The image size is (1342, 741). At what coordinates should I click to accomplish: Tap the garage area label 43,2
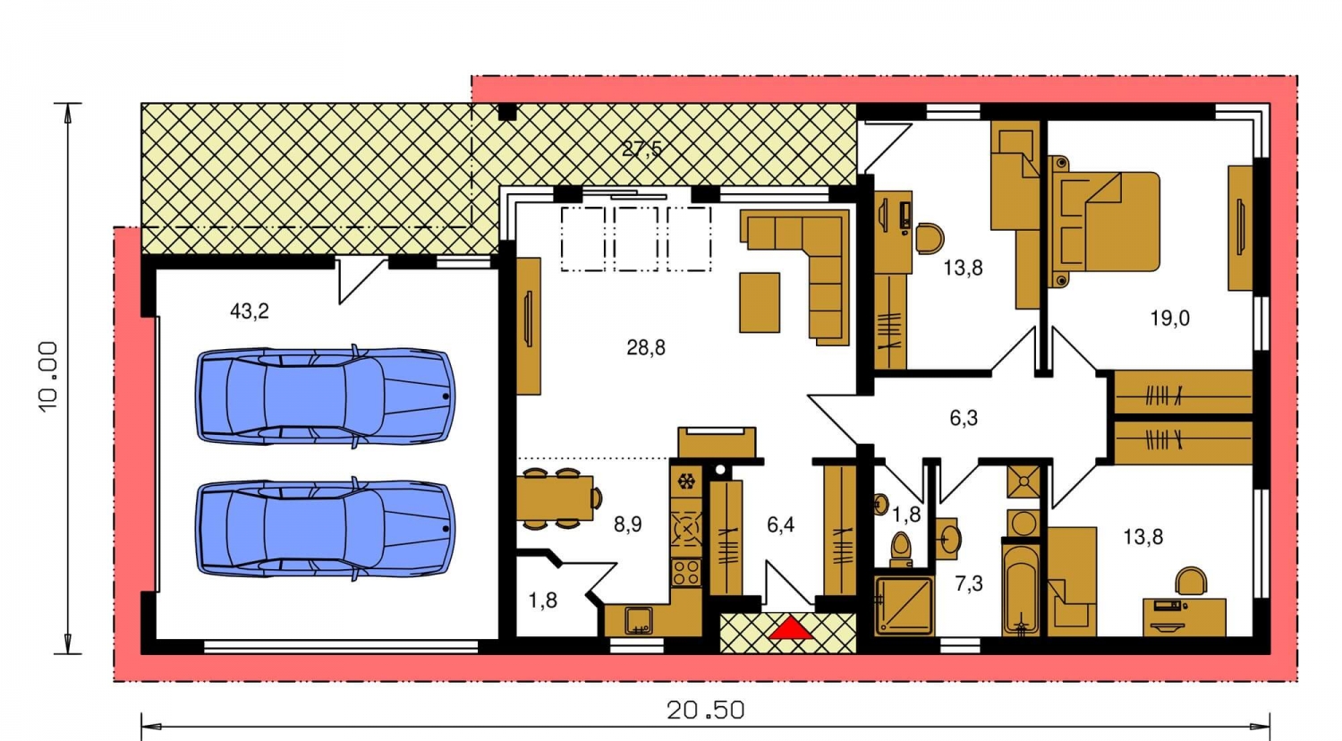[250, 311]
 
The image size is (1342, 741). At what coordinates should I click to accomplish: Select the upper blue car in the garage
[326, 396]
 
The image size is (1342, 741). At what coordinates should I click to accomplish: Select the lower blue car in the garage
[326, 529]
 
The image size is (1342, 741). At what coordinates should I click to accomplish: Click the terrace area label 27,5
[641, 148]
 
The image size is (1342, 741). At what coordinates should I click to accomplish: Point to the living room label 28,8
[646, 347]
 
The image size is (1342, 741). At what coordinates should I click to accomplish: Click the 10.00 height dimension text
[48, 377]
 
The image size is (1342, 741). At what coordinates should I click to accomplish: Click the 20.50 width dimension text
[706, 711]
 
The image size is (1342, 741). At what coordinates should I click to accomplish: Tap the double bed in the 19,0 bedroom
[1103, 221]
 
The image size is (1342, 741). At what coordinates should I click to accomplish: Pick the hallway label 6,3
[964, 418]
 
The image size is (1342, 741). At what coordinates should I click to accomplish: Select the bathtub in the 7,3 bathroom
[1020, 588]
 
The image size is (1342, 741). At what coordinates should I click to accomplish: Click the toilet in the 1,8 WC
[900, 549]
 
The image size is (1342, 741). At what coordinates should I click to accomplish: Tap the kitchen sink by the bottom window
[639, 620]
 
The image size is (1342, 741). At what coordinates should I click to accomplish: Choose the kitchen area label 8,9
[627, 524]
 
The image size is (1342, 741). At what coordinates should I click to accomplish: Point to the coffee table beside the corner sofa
[760, 302]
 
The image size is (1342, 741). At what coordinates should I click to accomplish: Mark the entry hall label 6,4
[781, 525]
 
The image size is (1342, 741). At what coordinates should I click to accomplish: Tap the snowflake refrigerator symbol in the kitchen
[685, 481]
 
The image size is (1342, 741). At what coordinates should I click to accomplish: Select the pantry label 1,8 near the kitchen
[543, 600]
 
